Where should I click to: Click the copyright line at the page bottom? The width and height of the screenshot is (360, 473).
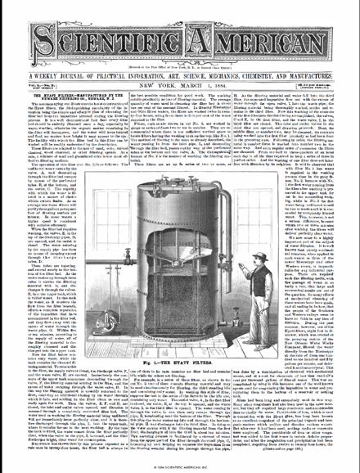pyautogui.click(x=179, y=468)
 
